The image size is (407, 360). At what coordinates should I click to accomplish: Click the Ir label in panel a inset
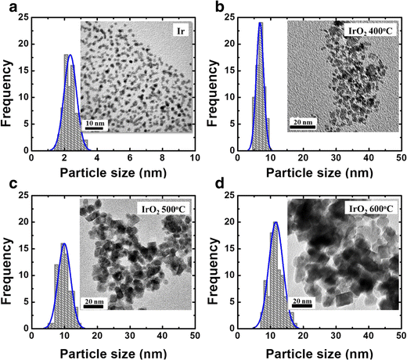(x=179, y=31)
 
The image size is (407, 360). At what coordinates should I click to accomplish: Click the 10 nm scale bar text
(x=95, y=124)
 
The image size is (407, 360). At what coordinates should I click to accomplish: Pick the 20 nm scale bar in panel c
(x=94, y=302)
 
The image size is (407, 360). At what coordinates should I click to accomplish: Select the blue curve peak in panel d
(x=276, y=222)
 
